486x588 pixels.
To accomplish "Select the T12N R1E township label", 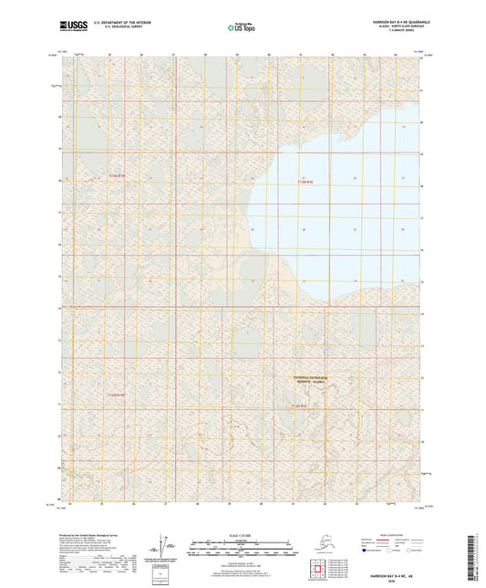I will coord(301,404).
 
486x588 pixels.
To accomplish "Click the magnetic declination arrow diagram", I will coord(161,546).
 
